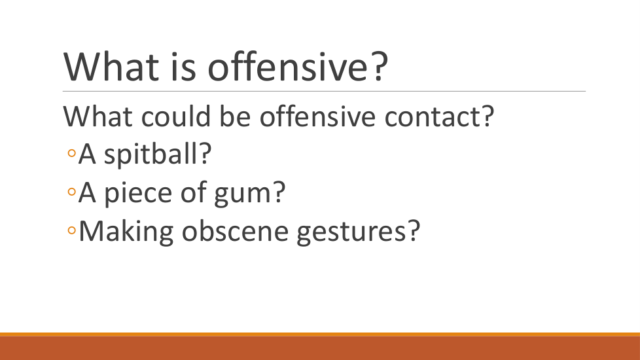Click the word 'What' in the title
point(111,67)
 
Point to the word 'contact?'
point(439,116)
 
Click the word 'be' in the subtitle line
point(235,116)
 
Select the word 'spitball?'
point(158,155)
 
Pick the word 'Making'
point(126,232)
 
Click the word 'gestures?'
point(359,232)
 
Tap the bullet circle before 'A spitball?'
point(72,153)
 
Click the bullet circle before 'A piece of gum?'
point(72,192)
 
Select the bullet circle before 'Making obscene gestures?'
point(72,230)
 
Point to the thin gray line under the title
point(324,91)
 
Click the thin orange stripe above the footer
point(320,334)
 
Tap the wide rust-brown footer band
point(320,348)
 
